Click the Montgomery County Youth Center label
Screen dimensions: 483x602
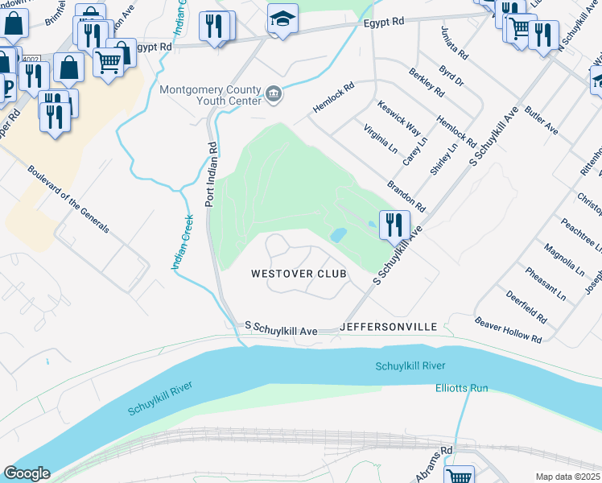tap(211, 95)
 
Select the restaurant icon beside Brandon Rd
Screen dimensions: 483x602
tap(394, 225)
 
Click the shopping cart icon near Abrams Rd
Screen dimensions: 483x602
tap(460, 475)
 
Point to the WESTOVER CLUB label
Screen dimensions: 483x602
tap(299, 274)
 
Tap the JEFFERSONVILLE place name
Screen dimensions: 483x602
tap(388, 327)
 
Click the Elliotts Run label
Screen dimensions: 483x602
tap(462, 388)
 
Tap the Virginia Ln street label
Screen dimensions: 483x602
tap(380, 139)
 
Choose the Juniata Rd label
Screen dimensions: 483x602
tap(453, 43)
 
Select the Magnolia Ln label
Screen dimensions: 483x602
tap(562, 262)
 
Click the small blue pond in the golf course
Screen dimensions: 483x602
tap(338, 235)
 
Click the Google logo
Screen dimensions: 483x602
tap(27, 473)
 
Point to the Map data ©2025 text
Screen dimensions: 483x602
tap(567, 477)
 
